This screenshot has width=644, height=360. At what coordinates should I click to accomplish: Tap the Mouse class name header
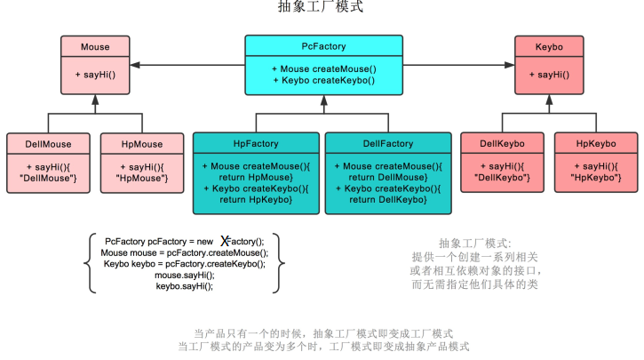click(95, 46)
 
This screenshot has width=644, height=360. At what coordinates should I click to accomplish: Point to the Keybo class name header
click(549, 46)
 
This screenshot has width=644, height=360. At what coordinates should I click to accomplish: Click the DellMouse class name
click(48, 143)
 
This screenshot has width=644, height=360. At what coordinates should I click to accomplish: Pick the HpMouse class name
click(142, 143)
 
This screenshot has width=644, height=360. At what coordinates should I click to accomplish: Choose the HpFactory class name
click(256, 143)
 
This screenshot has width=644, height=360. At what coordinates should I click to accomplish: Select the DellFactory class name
click(388, 143)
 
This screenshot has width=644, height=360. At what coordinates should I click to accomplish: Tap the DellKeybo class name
click(502, 143)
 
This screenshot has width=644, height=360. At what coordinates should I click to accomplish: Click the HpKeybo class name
click(596, 143)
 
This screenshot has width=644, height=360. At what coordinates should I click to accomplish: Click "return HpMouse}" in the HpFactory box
click(256, 177)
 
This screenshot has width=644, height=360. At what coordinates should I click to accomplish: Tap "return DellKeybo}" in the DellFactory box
click(388, 199)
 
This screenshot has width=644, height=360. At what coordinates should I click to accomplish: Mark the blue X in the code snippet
click(226, 240)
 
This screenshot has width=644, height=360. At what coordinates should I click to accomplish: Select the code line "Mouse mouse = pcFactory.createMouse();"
click(185, 252)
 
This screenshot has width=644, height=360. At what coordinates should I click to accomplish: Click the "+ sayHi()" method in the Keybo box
click(549, 75)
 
